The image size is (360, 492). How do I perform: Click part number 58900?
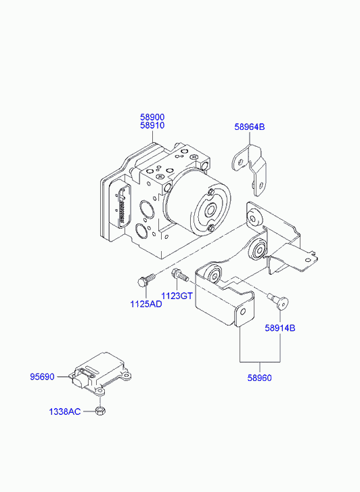click(x=152, y=117)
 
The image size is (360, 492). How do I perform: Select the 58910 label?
click(x=152, y=125)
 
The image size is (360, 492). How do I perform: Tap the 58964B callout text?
click(x=250, y=127)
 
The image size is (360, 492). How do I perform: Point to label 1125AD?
click(x=146, y=304)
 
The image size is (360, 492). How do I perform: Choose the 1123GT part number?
click(x=177, y=296)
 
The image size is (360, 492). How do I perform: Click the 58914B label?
click(x=280, y=328)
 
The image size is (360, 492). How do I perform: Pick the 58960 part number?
click(x=260, y=378)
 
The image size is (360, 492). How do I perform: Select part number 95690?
click(x=42, y=376)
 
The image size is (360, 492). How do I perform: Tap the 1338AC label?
click(x=65, y=411)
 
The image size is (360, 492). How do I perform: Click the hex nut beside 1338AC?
click(x=100, y=411)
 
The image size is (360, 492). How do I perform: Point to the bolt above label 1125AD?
click(x=146, y=279)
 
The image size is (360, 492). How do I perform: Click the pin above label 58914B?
click(x=278, y=300)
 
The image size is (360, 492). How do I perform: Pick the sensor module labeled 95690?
click(x=100, y=374)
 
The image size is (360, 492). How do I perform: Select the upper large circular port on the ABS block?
click(x=146, y=209)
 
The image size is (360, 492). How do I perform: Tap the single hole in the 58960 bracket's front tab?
click(x=242, y=311)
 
